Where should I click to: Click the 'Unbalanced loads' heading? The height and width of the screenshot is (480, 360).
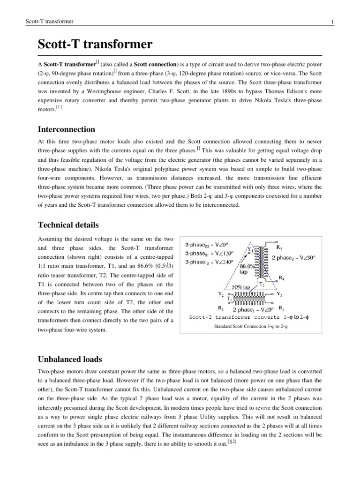[x=69, y=359]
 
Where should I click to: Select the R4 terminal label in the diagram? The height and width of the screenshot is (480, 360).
[x=281, y=277]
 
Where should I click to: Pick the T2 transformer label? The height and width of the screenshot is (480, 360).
[x=262, y=285]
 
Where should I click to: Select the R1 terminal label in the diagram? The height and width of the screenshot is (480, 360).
[x=281, y=308]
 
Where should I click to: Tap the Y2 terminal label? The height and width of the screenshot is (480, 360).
[x=220, y=293]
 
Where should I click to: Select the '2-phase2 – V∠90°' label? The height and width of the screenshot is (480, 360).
[x=294, y=258]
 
